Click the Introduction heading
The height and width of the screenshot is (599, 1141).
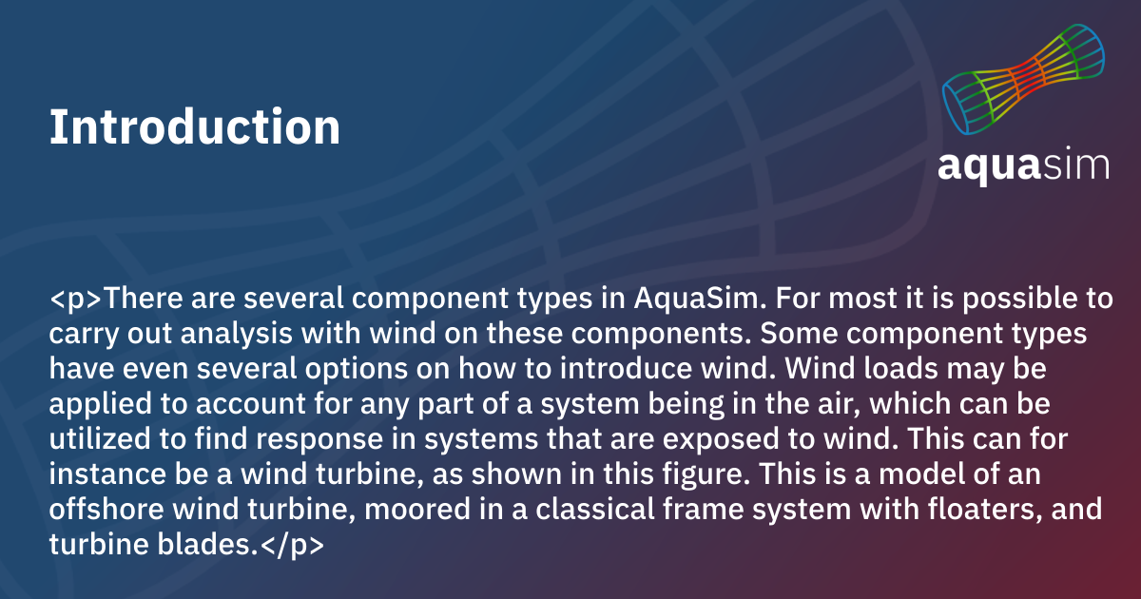195,126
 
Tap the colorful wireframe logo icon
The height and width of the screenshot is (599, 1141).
1023,80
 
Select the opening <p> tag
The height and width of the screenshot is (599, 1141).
76,299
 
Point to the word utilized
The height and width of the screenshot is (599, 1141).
100,439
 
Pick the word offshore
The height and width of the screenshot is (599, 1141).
106,510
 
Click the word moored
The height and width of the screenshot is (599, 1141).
417,510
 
